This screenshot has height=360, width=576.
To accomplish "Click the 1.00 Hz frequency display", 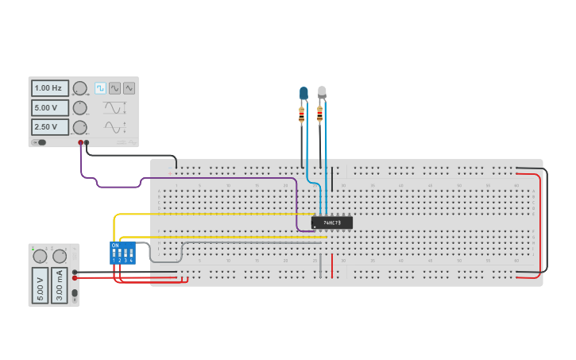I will pos(49,88).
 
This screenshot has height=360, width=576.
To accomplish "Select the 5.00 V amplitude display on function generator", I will pos(49,107).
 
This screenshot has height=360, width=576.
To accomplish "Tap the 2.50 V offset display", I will pos(49,127).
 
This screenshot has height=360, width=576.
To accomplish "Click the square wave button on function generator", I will pos(101,88).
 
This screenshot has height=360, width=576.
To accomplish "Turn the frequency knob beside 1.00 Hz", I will pos(79,88).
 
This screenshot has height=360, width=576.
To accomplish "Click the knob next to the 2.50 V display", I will pos(79,127).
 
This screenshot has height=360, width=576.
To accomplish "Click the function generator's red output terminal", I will pos(80,143).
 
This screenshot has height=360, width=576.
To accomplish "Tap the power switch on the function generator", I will pos(39,143).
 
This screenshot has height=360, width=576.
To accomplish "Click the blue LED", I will pos(303,94).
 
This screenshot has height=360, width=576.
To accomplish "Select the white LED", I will pos(322,92).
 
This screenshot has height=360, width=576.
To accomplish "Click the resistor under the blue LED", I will pos(302,116).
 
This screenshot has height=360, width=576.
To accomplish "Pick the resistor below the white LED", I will pos(320,116).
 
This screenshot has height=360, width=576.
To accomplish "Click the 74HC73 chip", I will pos(331,223).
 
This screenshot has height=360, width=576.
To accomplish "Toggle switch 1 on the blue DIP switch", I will pos(114,254).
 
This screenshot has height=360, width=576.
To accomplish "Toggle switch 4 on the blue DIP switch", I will pos(131,254).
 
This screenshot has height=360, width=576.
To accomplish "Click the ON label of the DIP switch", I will pos(115,245).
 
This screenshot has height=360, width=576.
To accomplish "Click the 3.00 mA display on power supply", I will pos(60,285).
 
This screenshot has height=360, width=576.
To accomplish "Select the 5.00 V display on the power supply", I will pos(40,285).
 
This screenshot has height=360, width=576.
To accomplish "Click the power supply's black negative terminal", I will pos(75,272).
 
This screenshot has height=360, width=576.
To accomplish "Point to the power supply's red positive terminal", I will pos(75,278).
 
